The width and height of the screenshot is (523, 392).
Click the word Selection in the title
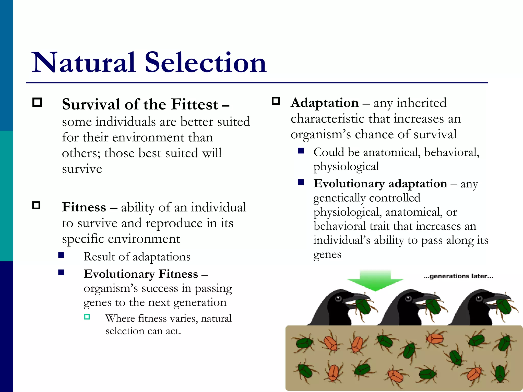(x=206, y=63)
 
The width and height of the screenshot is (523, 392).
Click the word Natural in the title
(x=84, y=63)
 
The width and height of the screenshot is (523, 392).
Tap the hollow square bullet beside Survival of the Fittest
(x=37, y=103)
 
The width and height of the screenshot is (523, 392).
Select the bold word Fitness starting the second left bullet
(x=84, y=207)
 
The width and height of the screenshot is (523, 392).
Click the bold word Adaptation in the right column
(x=325, y=103)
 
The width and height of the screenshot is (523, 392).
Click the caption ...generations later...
(x=458, y=276)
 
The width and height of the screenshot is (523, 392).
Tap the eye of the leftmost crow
(x=339, y=298)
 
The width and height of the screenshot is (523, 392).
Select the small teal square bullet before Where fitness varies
(x=87, y=317)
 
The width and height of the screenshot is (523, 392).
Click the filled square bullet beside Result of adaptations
(x=61, y=255)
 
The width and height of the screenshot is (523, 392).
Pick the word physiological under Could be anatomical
(x=346, y=167)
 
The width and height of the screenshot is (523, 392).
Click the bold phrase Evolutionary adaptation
(x=380, y=184)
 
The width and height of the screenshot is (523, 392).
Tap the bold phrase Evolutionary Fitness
(x=141, y=274)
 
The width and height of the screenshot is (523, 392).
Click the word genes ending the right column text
(x=327, y=255)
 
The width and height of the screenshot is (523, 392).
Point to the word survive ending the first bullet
(x=82, y=169)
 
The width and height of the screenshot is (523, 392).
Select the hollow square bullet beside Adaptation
(x=276, y=101)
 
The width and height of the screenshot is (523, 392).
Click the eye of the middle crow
(x=408, y=298)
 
